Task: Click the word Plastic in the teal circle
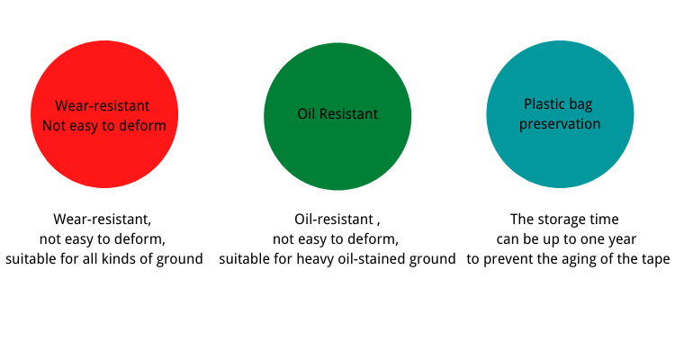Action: pyautogui.click(x=541, y=103)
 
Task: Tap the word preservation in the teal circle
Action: pyautogui.click(x=560, y=124)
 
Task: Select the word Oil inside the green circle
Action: pyautogui.click(x=306, y=113)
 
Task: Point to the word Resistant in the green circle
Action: pyautogui.click(x=348, y=113)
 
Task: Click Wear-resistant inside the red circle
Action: pyautogui.click(x=103, y=106)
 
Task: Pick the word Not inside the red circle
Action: pyautogui.click(x=53, y=126)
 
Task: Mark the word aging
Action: pyautogui.click(x=596, y=260)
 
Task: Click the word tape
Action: pyautogui.click(x=655, y=260)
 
